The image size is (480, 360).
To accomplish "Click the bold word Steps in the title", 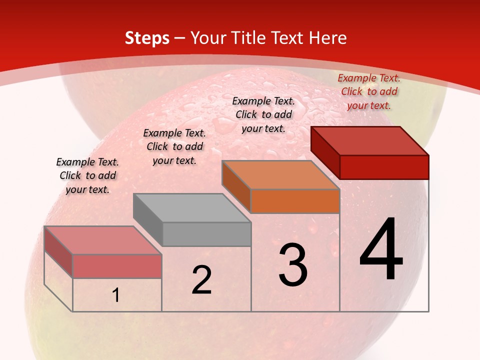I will (147, 38).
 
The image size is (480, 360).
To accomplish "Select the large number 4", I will (381, 250).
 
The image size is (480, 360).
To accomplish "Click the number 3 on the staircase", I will (293, 265).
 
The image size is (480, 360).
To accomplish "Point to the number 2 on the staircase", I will (201, 280).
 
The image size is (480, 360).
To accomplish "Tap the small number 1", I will (116, 295).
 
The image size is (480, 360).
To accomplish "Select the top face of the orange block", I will (280, 175).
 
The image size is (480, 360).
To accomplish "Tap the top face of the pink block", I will (102, 240).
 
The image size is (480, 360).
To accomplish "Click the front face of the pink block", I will (117, 266).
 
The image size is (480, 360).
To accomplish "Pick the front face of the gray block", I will (206, 234).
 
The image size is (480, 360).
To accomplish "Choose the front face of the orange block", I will (295, 201).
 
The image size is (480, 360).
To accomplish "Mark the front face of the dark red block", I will (384, 167).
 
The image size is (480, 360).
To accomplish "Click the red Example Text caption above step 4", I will (369, 91).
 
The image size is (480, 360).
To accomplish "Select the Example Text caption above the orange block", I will (263, 114).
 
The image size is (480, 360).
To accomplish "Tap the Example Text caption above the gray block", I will (174, 146).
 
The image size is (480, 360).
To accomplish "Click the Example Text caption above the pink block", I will (87, 175).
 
